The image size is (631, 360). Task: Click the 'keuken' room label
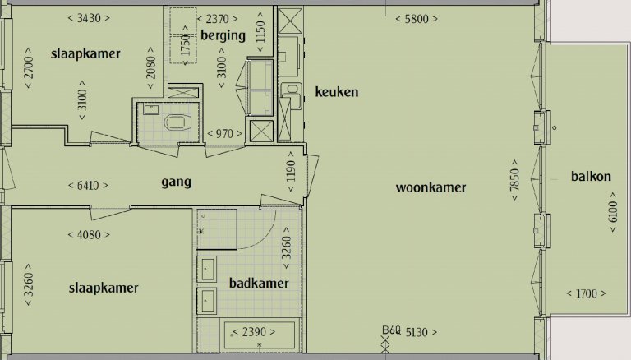pos(337,92)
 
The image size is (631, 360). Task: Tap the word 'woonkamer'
pos(431,187)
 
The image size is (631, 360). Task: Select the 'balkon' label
pos(592,176)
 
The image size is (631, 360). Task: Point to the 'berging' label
pos(223,35)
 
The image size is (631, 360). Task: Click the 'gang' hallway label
pos(176,181)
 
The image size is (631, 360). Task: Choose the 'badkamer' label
pos(259,284)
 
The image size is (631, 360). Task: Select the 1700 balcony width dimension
pos(587,293)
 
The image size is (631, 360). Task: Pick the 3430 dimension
pos(88,18)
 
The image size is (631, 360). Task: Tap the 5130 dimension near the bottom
pos(419,332)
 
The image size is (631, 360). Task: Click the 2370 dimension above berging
pos(218,18)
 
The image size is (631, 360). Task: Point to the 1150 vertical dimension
pos(260,28)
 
